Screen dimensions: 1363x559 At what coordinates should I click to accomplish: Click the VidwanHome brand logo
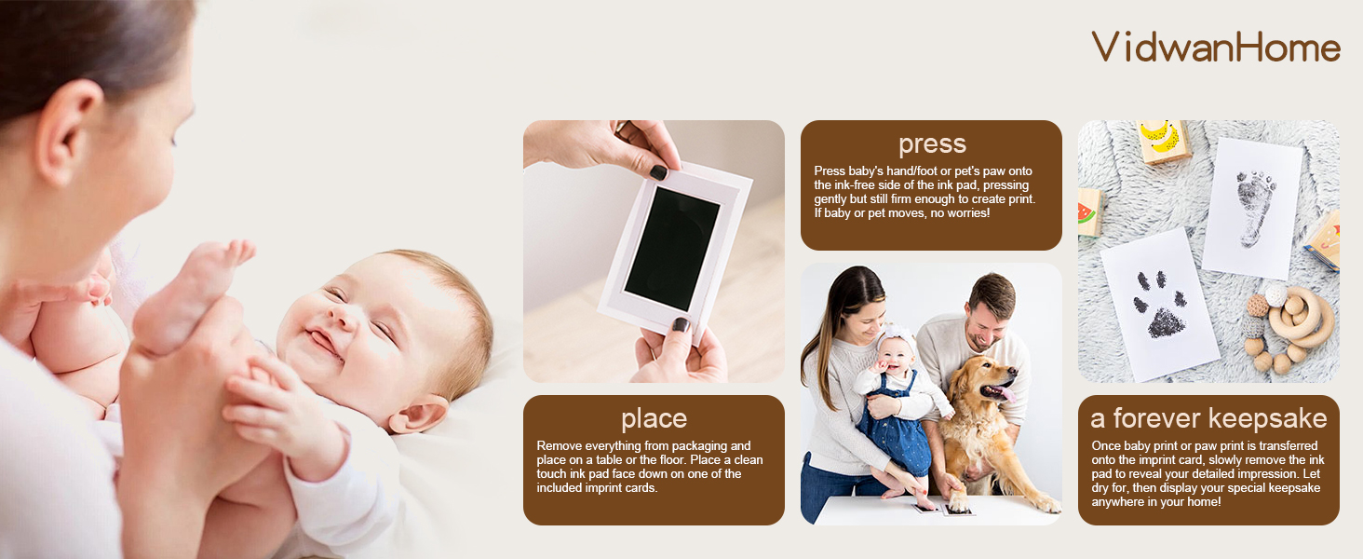click(x=1216, y=48)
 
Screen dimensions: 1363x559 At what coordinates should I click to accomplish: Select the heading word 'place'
click(x=655, y=419)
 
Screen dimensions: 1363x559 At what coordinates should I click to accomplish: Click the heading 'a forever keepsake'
click(x=1208, y=418)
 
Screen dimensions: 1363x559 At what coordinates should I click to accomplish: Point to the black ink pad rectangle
click(x=672, y=249)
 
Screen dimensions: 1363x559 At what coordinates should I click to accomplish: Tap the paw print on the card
click(x=1160, y=304)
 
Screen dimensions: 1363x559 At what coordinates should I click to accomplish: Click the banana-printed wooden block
click(x=1163, y=141)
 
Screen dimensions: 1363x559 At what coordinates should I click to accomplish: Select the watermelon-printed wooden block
click(x=1089, y=211)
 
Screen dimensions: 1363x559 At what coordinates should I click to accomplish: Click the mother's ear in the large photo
click(x=69, y=132)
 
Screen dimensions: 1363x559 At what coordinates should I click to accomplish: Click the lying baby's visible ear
click(x=418, y=414)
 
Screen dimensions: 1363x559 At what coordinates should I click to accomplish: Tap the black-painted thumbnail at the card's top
click(x=658, y=173)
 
